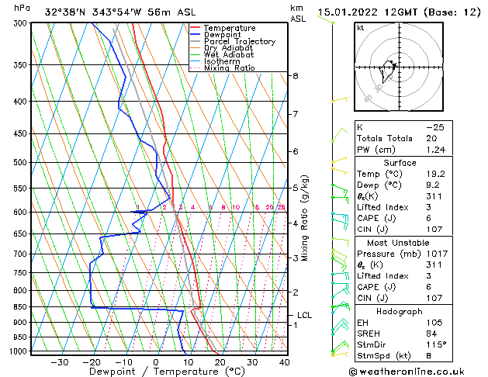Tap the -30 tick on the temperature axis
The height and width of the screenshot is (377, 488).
(59, 361)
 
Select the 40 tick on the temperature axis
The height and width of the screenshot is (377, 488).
(284, 361)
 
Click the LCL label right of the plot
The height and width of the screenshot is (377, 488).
(305, 315)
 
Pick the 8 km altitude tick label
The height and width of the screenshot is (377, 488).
(296, 76)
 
